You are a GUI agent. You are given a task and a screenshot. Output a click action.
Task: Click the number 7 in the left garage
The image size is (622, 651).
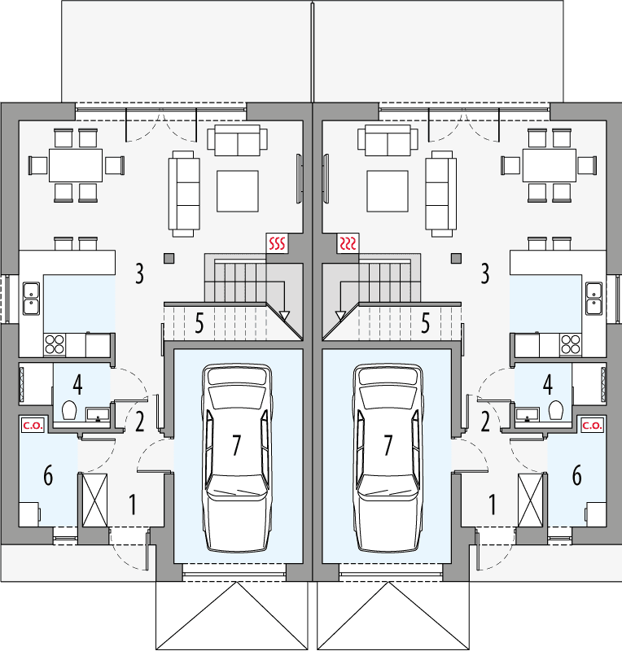click(236, 445)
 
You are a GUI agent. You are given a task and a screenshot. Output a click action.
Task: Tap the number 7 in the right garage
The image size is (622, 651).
click(388, 445)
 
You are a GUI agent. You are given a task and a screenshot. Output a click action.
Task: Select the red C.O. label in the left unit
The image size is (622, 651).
click(32, 425)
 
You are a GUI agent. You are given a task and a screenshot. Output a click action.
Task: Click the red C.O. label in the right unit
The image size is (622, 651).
click(591, 425)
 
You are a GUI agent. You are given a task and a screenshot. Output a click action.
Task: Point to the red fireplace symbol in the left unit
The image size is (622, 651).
click(278, 242)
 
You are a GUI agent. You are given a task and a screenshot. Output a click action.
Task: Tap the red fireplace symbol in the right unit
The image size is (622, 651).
click(348, 242)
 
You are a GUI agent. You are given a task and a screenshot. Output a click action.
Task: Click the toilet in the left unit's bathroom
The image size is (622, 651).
click(68, 412)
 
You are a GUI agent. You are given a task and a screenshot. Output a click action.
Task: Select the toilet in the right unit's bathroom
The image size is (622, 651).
click(557, 411)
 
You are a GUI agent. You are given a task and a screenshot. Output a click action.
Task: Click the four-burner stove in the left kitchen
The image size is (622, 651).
click(55, 343)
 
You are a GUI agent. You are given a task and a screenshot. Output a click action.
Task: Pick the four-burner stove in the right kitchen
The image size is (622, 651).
click(570, 343)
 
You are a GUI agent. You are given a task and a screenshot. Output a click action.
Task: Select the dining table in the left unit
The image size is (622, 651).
click(76, 165)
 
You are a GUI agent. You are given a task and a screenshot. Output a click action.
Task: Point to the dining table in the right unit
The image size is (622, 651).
click(549, 165)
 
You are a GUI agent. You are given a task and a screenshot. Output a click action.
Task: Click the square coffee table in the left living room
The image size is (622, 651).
click(238, 190)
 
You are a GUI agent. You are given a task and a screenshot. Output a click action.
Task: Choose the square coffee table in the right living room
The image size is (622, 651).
click(388, 190)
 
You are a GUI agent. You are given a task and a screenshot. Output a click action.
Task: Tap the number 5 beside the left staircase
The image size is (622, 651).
click(199, 324)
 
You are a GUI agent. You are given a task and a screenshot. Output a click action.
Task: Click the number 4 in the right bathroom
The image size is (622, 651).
click(548, 383)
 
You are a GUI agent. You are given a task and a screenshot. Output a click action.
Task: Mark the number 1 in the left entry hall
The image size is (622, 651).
click(132, 505)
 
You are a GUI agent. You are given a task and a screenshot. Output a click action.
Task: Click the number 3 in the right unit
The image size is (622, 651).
click(485, 273)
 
